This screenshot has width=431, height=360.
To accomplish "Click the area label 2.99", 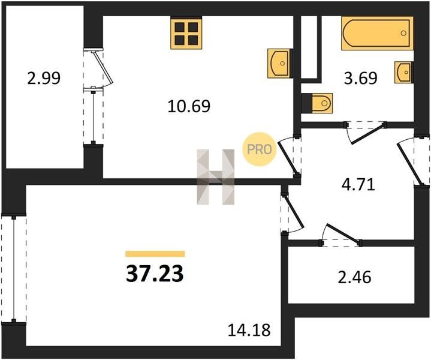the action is pyautogui.click(x=44, y=79).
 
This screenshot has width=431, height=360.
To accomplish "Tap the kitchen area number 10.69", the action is pyautogui.click(x=189, y=106).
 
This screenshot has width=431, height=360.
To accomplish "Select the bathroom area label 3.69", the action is pyautogui.click(x=361, y=78).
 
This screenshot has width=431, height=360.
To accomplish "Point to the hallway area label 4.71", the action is pyautogui.click(x=358, y=185).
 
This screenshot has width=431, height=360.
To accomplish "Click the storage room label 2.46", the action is pyautogui.click(x=355, y=277).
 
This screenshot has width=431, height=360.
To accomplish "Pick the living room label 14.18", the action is pyautogui.click(x=249, y=330).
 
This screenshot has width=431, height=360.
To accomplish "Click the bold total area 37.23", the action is pyautogui.click(x=155, y=274).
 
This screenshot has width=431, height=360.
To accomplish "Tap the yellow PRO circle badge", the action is pyautogui.click(x=259, y=149).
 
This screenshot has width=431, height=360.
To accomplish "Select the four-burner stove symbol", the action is pyautogui.click(x=186, y=33).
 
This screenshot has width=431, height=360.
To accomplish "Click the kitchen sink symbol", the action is pyautogui.click(x=279, y=64).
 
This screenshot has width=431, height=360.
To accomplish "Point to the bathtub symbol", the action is pyautogui.click(x=377, y=34).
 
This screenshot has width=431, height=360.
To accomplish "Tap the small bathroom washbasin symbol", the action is pyautogui.click(x=403, y=73).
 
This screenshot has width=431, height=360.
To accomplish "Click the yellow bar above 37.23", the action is pyautogui.click(x=155, y=254).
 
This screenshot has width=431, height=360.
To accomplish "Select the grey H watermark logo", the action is pyautogui.click(x=216, y=177).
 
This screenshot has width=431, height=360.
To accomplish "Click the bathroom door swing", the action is pyautogui.click(x=366, y=133).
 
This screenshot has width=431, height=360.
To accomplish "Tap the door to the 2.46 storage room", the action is pyautogui.click(x=341, y=235).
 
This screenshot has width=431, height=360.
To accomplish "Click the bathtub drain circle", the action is pyautogui.click(x=403, y=34).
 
